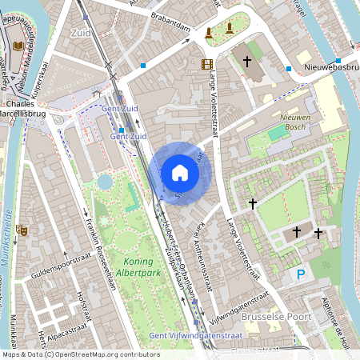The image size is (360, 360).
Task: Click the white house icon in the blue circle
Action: coord(179,173)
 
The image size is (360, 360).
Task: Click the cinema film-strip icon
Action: coord(207,64)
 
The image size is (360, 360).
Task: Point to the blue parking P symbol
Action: coord(301,274)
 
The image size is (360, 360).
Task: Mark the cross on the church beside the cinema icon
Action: coord(247,61)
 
